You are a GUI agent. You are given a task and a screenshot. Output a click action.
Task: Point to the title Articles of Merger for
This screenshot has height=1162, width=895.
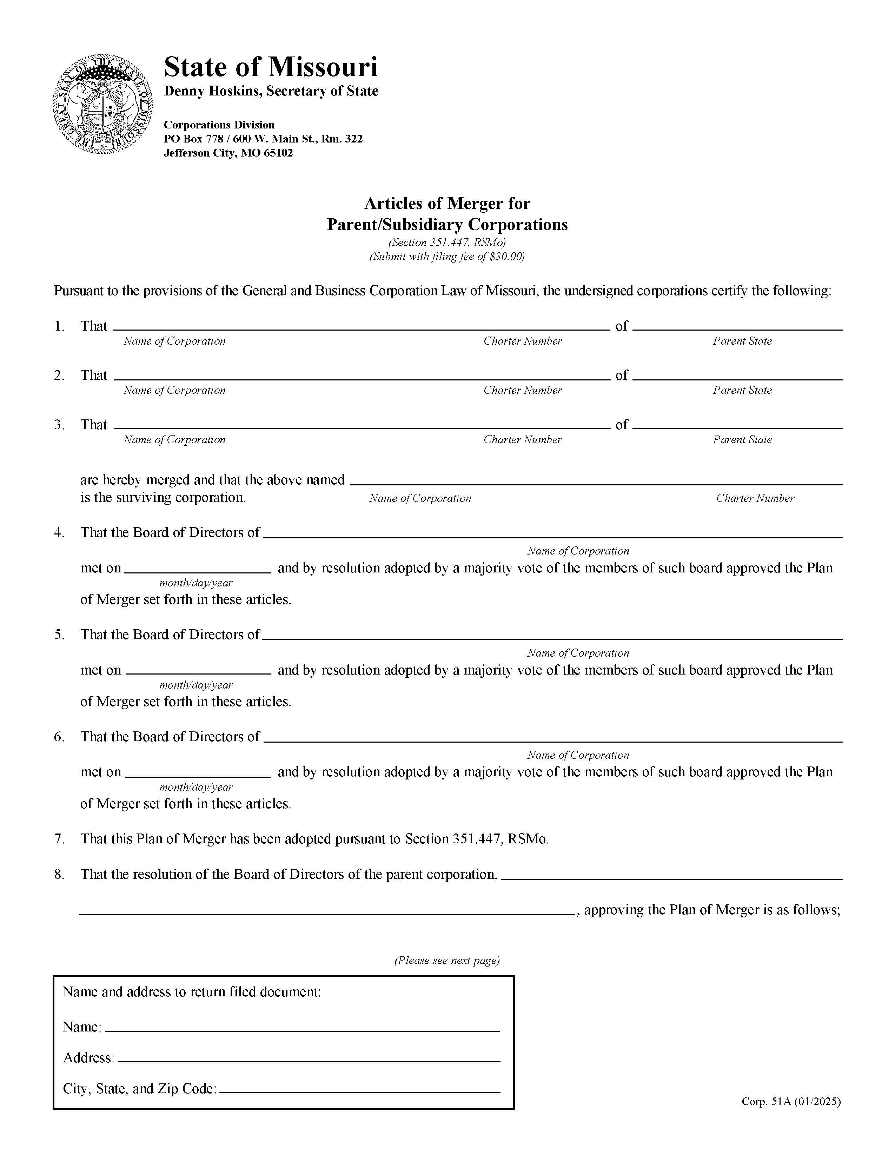(x=447, y=203)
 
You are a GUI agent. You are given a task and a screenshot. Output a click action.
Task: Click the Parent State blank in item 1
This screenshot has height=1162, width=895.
(x=737, y=326)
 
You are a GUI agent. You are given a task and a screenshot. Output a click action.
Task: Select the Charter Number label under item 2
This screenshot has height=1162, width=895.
(x=522, y=390)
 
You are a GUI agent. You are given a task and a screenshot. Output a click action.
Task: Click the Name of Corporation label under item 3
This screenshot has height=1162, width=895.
(x=174, y=439)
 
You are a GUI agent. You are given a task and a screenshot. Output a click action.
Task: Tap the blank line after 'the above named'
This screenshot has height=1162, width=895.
(x=596, y=480)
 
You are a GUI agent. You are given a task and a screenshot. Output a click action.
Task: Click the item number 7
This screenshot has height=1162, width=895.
(x=59, y=839)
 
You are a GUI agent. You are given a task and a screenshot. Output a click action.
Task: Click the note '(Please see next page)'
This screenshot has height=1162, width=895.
(x=447, y=960)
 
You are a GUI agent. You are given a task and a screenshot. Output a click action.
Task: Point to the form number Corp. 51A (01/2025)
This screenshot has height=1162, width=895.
(x=791, y=1101)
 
